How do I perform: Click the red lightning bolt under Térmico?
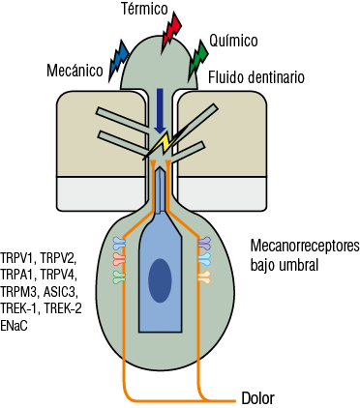click(171, 31)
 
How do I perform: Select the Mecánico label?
click(74, 71)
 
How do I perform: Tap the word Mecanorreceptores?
click(298, 246)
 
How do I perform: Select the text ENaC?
click(15, 327)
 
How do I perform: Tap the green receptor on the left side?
click(119, 277)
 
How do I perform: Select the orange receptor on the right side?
click(204, 277)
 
